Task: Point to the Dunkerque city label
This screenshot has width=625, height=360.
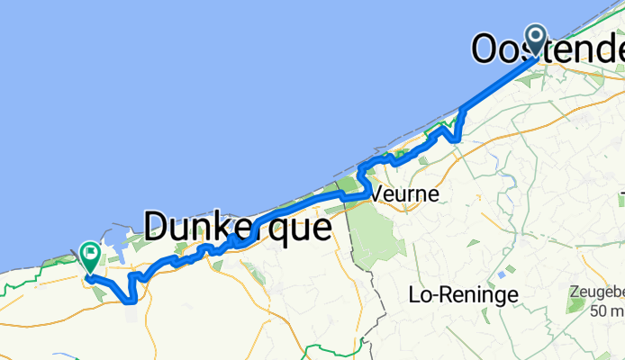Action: (x=236, y=227)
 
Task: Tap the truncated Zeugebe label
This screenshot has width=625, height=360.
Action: (x=597, y=293)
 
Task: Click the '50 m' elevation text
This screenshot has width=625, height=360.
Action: (x=602, y=310)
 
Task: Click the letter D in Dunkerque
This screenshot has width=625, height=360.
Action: (x=155, y=227)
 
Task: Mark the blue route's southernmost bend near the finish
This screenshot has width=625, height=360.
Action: (x=131, y=301)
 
